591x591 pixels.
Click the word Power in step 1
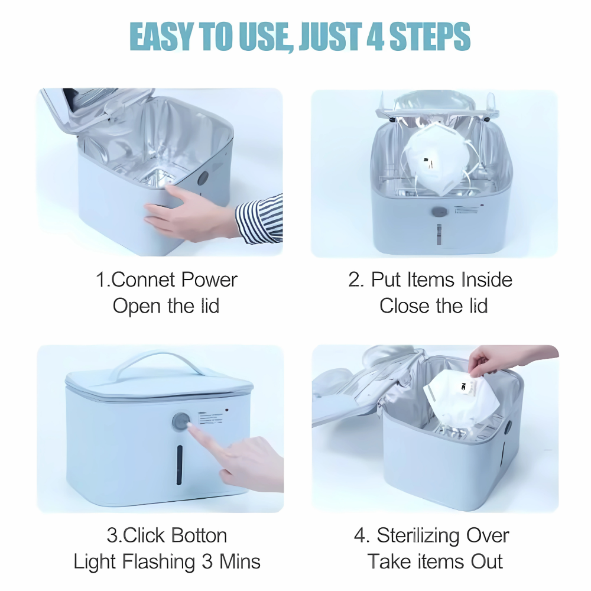(x=209, y=280)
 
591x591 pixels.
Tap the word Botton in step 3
(x=199, y=535)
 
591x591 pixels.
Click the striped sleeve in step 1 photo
(x=260, y=219)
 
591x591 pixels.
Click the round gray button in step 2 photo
(x=438, y=212)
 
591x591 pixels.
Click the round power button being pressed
(x=181, y=423)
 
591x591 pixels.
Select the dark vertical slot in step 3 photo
(x=180, y=465)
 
